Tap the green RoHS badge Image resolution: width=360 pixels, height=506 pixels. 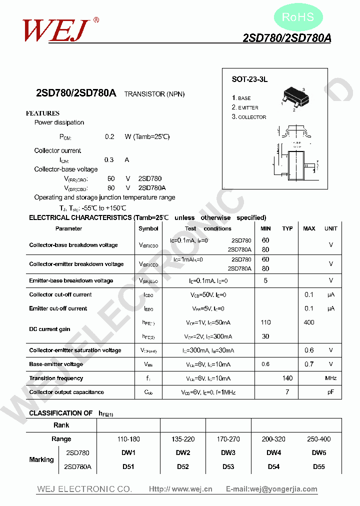pos(298,17)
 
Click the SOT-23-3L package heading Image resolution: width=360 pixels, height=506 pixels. pos(250,79)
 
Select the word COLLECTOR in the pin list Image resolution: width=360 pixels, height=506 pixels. pos(252,117)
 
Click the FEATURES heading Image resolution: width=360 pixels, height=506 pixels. pos(42,113)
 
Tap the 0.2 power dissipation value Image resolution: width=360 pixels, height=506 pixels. pos(109,136)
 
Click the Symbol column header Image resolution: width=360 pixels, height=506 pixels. pos(148,228)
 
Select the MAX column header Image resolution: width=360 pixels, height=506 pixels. pos(309,228)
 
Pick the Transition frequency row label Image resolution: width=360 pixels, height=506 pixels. pos(56,378)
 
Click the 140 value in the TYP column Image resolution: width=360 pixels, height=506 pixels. pos(287,378)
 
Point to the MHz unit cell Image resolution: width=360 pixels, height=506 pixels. pos(330,378)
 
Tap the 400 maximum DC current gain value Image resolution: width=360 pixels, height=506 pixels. pos(309,322)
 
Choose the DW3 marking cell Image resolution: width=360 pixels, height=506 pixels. pos(228,453)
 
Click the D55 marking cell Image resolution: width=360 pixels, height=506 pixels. pos(319,467)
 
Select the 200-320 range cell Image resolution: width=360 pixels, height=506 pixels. pos(273,439)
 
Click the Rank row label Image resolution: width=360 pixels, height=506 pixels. pos(61,425)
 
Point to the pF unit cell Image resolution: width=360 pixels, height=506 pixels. pos(330,392)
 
